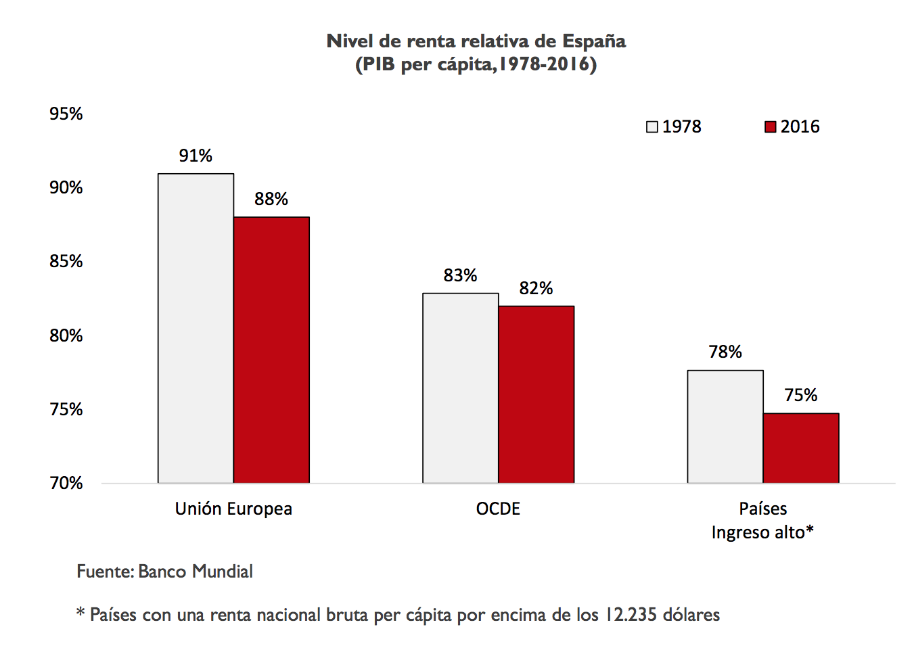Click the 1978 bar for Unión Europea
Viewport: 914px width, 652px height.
[196, 328]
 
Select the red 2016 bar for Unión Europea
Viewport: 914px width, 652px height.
[271, 350]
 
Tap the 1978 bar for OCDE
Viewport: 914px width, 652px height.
[460, 388]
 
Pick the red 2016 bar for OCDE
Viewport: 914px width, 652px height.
[536, 394]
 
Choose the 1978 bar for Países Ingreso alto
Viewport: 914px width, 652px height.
[725, 426]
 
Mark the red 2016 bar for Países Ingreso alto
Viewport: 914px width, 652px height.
[801, 448]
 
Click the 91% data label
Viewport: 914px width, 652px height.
[196, 156]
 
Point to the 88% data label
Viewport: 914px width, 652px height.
[271, 199]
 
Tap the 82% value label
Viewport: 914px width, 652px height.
[536, 288]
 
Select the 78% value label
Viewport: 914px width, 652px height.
[725, 352]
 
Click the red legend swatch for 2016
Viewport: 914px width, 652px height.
[770, 127]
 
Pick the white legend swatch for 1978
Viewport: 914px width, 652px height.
[652, 127]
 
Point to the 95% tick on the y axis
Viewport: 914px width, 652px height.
[66, 114]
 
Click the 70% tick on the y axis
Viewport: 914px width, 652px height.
[66, 483]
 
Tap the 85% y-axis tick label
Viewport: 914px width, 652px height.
[66, 261]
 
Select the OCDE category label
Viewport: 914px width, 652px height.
[498, 509]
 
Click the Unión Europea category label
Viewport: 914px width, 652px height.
[233, 509]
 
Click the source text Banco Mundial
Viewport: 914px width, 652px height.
[196, 572]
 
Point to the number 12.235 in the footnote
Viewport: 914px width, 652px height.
[631, 615]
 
